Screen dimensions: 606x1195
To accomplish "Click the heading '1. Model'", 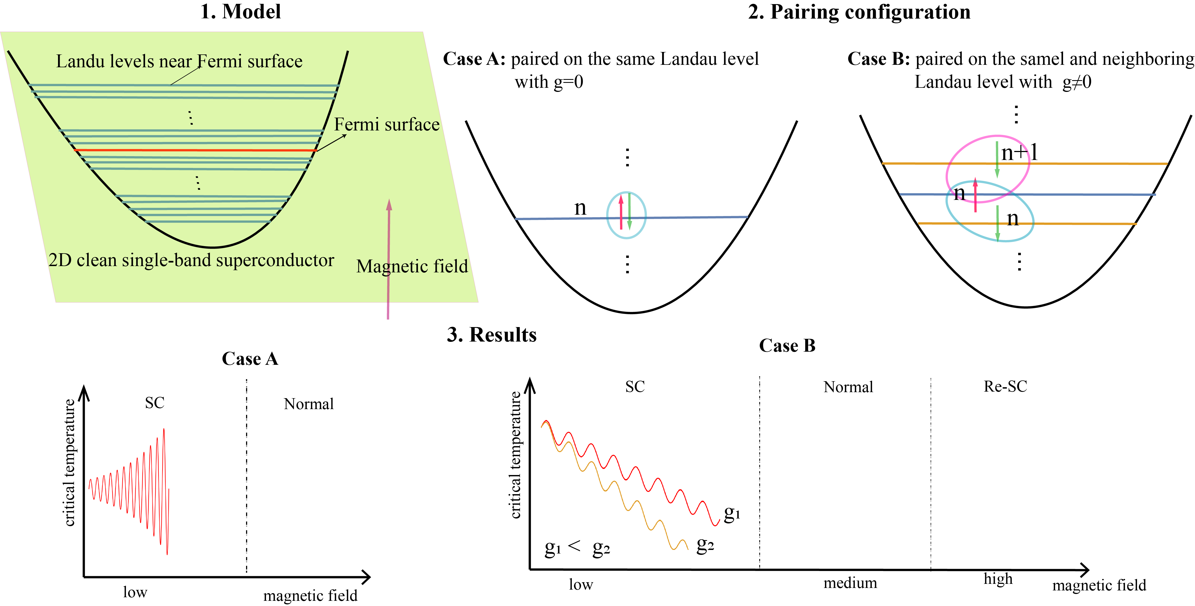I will click(240, 11).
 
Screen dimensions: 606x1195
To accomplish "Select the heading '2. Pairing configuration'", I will click(859, 11).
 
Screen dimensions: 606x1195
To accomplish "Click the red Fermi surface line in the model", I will click(195, 150).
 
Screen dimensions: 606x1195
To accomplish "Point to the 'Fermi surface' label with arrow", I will click(386, 124).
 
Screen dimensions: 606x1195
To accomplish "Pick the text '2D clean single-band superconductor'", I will click(191, 260).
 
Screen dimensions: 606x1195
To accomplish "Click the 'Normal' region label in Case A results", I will click(308, 404).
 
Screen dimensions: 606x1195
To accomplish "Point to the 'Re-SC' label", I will click(1005, 386).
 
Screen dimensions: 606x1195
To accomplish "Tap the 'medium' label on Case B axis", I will click(850, 583).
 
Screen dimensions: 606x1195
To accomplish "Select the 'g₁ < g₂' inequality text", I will click(577, 547).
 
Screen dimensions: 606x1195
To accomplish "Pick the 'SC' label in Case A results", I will click(154, 403).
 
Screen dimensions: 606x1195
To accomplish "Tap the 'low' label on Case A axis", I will click(135, 592).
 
